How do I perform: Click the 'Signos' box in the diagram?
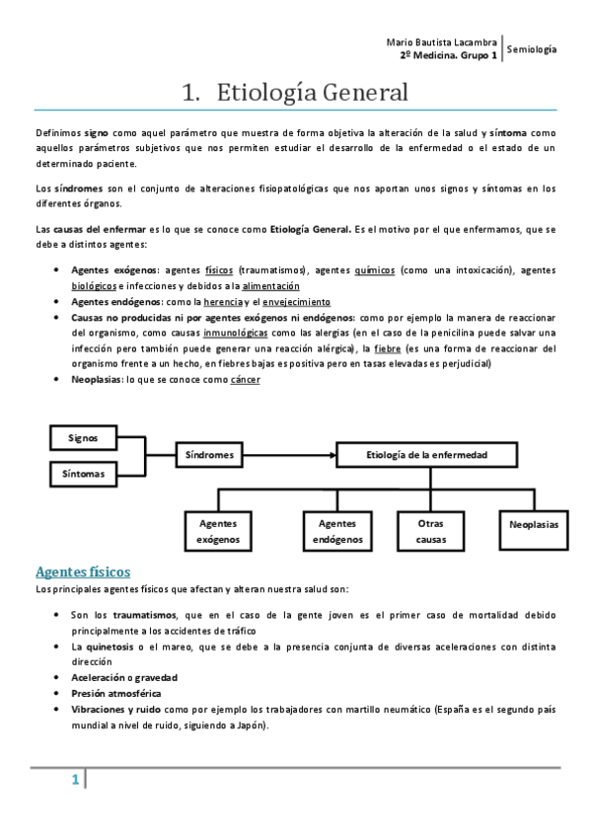tap(83, 436)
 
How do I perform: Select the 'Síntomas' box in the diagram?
tap(83, 475)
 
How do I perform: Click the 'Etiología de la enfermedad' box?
tap(426, 455)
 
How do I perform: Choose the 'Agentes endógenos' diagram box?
tap(337, 532)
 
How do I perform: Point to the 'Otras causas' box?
tap(431, 532)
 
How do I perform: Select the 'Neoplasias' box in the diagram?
tap(534, 524)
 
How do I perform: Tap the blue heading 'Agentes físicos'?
tap(83, 571)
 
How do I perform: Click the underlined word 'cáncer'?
tap(246, 380)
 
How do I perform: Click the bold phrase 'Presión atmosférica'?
tap(115, 693)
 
